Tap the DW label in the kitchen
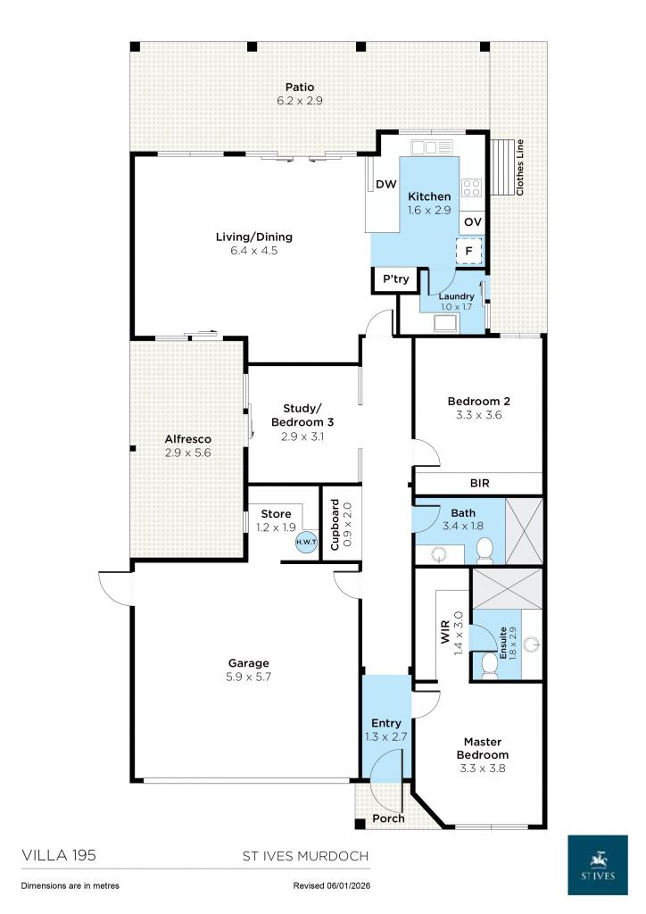(385, 185)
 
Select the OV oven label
(473, 221)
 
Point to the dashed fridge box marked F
(469, 252)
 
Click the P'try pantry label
(395, 279)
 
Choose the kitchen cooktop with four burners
(471, 187)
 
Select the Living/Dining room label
(254, 237)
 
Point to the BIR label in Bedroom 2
(479, 483)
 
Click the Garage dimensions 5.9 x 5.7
(248, 677)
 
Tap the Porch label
(388, 818)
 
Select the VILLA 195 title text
(58, 854)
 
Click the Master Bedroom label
(481, 748)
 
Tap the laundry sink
(445, 323)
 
